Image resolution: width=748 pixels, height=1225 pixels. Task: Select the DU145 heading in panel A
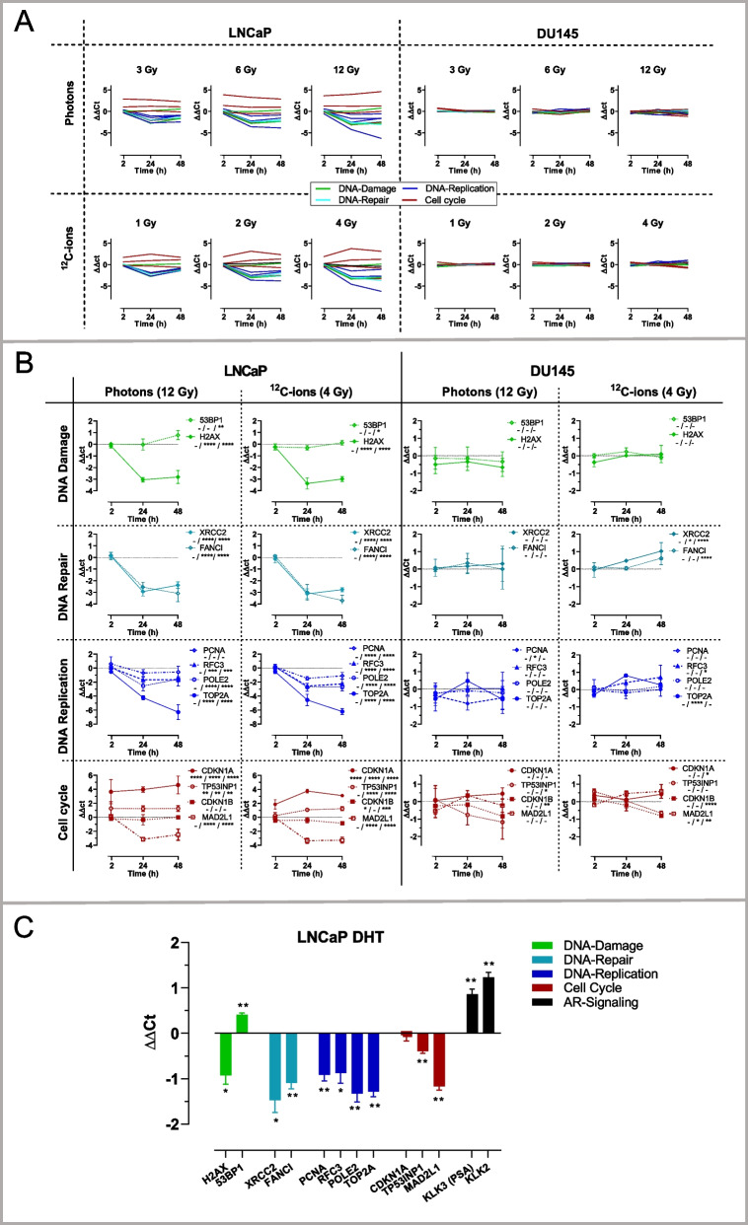tap(563, 31)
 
